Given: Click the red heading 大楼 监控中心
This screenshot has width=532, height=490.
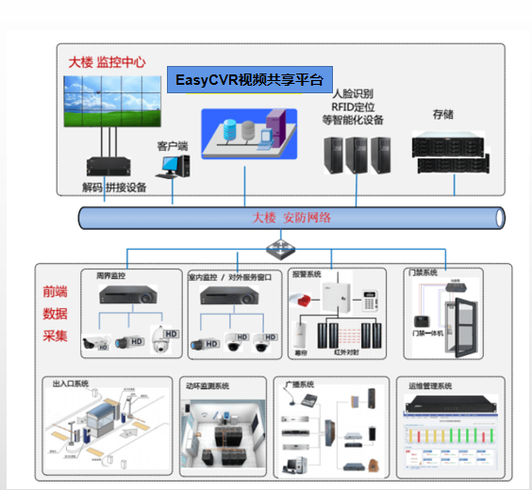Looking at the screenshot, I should [x=107, y=61].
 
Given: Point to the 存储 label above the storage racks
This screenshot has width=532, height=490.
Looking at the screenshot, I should [x=443, y=115].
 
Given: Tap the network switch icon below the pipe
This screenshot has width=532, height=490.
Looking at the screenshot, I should [x=279, y=248].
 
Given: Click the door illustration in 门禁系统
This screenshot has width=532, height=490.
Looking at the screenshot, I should [x=462, y=316].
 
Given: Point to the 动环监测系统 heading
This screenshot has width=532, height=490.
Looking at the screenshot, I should [x=208, y=385].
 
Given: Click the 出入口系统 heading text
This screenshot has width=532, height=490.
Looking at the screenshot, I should [x=71, y=384].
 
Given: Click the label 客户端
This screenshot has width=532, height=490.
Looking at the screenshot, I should [x=172, y=146].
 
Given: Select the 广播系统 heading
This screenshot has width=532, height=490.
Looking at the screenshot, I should [x=299, y=384].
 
